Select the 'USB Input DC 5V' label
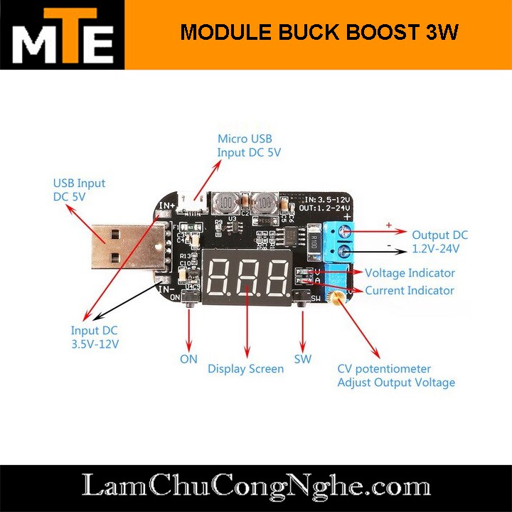point(79,189)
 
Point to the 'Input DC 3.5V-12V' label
point(95,337)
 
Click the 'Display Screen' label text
point(245,368)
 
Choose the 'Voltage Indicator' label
point(410,273)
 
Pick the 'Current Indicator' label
point(410,290)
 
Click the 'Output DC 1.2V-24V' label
point(440,242)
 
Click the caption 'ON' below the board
point(188,358)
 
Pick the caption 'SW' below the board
point(303,358)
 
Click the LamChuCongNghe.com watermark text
point(256,487)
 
